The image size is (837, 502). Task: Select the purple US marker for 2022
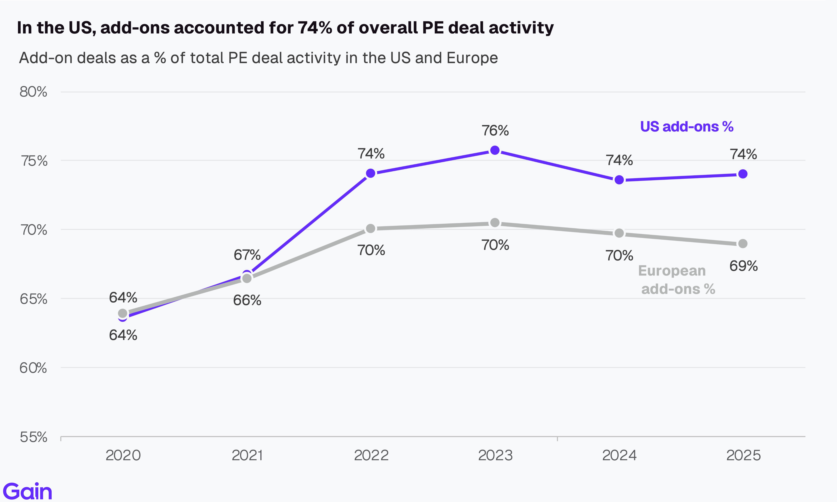371,173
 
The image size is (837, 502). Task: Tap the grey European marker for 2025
743,244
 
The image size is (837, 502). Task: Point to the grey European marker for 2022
371,229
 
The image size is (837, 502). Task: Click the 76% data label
495,131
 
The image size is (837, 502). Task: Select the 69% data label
743,266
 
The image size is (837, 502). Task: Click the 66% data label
247,300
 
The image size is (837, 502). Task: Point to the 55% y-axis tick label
33,437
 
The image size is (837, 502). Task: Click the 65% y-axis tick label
33,299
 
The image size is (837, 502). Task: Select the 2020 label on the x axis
123,455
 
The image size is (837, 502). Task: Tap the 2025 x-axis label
743,455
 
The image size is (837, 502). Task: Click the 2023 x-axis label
495,455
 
